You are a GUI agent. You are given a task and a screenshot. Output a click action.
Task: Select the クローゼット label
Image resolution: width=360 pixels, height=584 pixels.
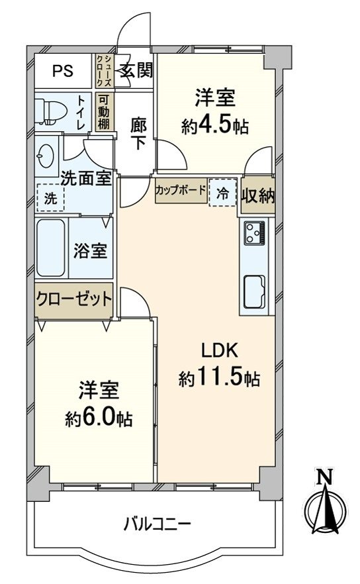point(74,298)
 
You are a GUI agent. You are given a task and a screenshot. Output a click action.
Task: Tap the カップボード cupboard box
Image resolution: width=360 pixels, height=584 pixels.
point(181,190)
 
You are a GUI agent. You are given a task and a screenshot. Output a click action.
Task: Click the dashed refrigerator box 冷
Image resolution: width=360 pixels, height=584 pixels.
point(223,192)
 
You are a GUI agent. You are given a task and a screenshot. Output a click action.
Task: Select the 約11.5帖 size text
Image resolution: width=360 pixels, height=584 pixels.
point(219,379)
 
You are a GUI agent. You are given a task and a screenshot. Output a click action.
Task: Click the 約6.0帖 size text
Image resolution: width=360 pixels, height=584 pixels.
point(99,418)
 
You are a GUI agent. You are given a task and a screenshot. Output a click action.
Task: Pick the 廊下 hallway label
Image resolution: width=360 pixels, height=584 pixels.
point(137,132)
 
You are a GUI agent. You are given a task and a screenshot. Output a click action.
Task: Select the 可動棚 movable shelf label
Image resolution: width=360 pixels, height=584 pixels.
point(104,113)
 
